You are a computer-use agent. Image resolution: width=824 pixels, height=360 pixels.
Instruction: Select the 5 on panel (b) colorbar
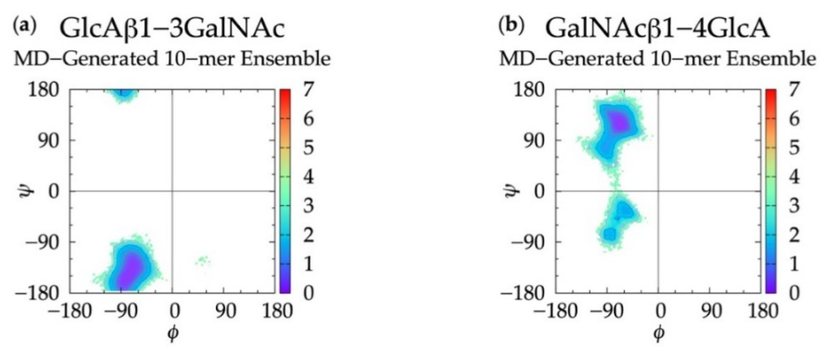point(794,149)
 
